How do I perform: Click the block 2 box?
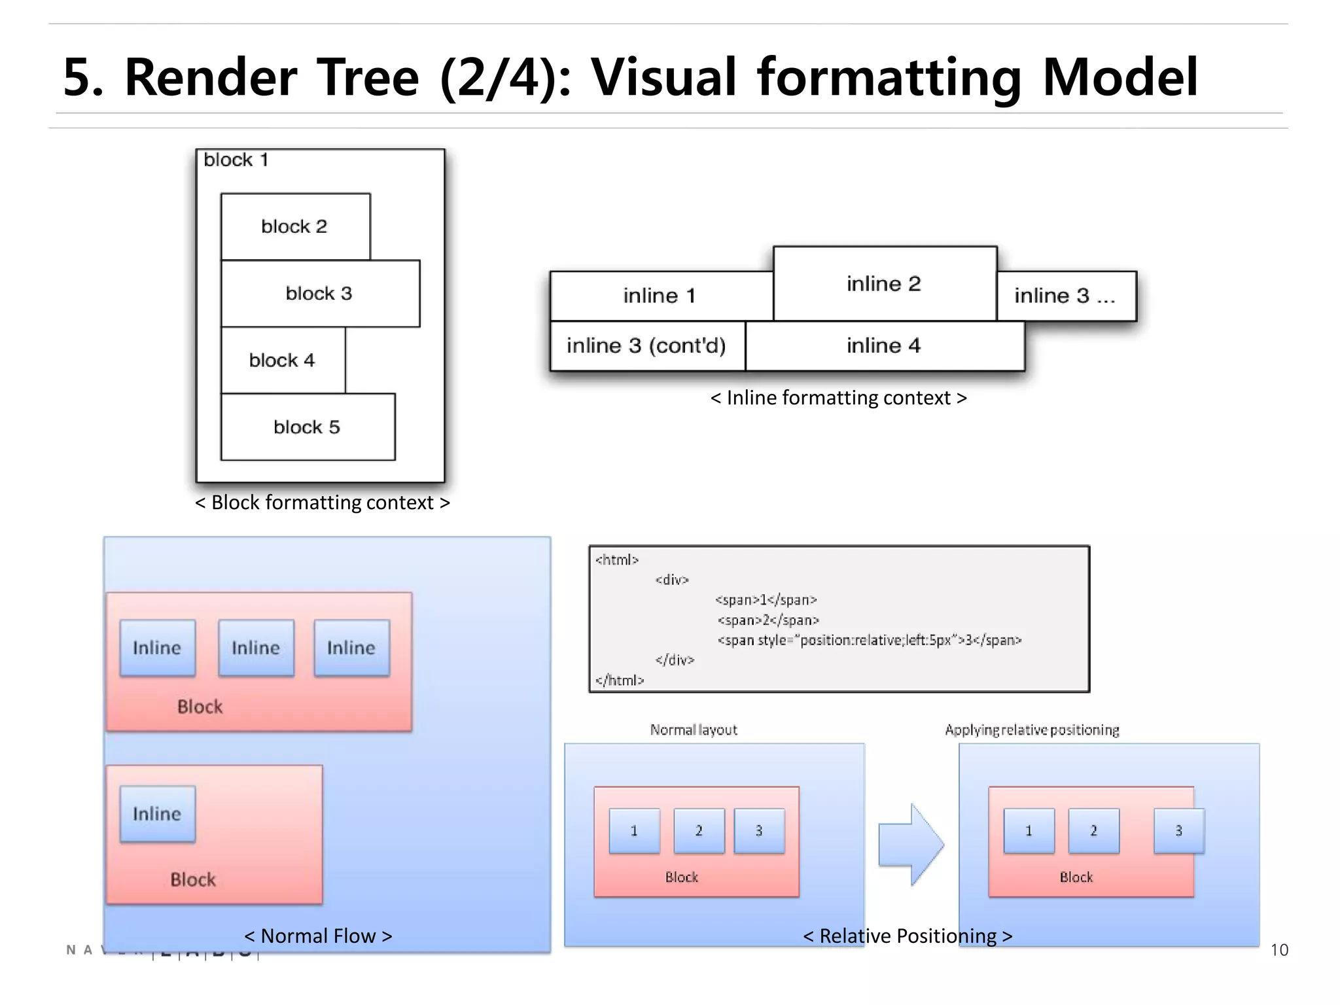[x=295, y=226]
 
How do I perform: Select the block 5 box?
[x=308, y=427]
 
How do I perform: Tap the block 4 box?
[x=283, y=360]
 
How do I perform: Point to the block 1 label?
[x=236, y=160]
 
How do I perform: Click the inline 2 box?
[x=884, y=283]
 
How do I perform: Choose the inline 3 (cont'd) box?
[x=646, y=345]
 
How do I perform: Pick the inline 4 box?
[x=884, y=345]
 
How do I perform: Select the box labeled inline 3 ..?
[x=1066, y=296]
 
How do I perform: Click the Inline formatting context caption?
[x=838, y=398]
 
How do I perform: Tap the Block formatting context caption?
[x=322, y=502]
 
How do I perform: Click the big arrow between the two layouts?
[x=910, y=844]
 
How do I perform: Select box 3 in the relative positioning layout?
[x=1178, y=831]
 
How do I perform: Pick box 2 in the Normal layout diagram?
[x=699, y=831]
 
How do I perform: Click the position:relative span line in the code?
[x=869, y=640]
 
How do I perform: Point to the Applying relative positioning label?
[x=1032, y=730]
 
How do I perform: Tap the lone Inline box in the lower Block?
[x=157, y=813]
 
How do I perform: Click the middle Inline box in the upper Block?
[x=256, y=648]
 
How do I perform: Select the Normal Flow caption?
[x=318, y=936]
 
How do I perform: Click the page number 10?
[x=1278, y=950]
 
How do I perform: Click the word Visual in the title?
[x=663, y=77]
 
